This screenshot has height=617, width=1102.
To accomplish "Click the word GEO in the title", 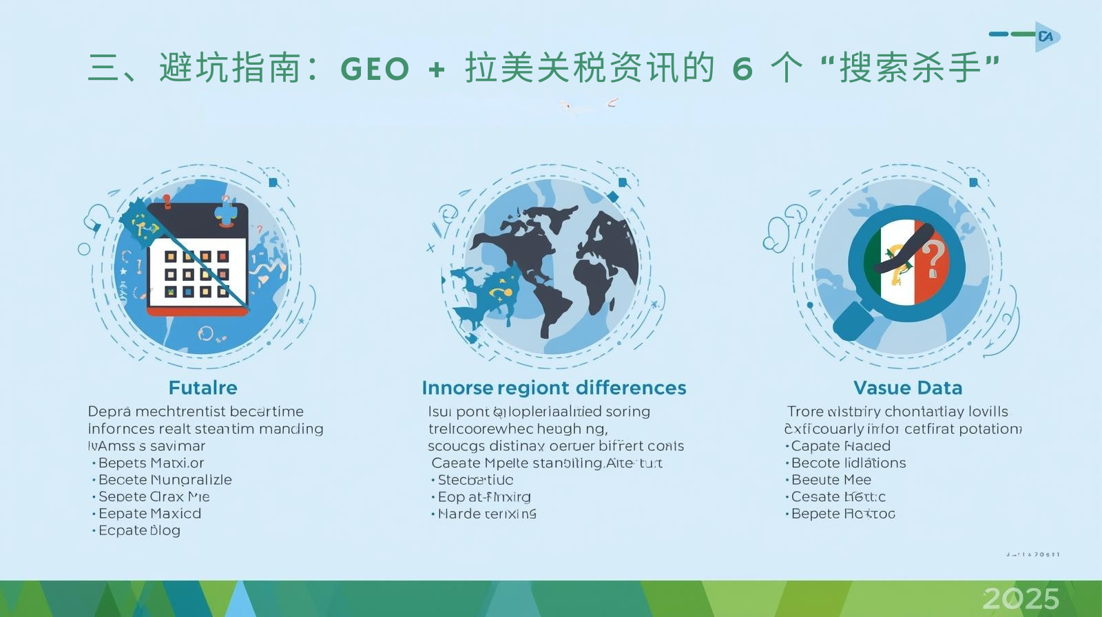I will pyautogui.click(x=375, y=70).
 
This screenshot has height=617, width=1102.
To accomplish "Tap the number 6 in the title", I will pyautogui.click(x=742, y=70).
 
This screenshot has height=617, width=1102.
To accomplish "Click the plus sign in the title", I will pyautogui.click(x=436, y=70).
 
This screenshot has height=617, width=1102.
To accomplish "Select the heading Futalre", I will pyautogui.click(x=202, y=388).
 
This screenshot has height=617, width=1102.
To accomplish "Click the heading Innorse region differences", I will pyautogui.click(x=554, y=388).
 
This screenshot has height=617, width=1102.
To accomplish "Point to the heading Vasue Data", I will pyautogui.click(x=907, y=388).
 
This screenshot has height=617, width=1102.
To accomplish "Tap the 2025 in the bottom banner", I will pyautogui.click(x=1021, y=598).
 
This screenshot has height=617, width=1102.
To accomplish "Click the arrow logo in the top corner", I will pyautogui.click(x=1046, y=36).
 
